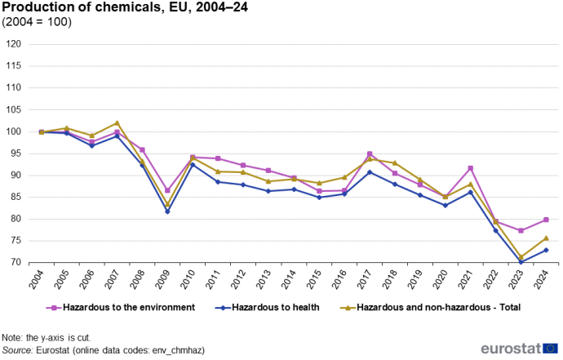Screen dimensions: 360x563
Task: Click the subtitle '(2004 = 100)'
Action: [x=38, y=22]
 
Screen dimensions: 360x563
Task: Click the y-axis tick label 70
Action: [x=16, y=263]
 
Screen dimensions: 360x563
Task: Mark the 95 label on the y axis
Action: [x=16, y=153]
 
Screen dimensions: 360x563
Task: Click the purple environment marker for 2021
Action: [x=470, y=168]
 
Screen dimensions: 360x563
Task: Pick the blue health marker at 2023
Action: [x=521, y=262]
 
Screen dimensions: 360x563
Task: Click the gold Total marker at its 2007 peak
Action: [x=117, y=122]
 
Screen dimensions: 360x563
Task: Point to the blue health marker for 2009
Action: [x=167, y=211]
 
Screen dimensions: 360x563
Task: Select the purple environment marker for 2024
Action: [x=546, y=220]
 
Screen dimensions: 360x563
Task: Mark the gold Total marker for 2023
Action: [x=521, y=257]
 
